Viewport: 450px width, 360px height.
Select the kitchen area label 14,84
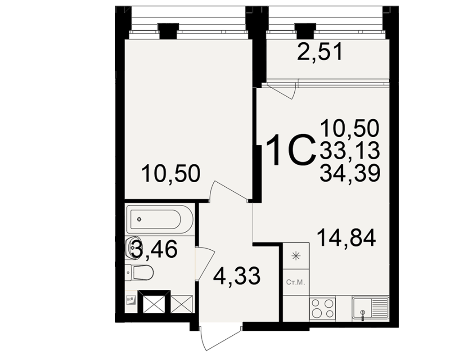346,238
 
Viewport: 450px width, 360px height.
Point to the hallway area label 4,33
237,276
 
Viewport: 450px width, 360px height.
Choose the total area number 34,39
350,174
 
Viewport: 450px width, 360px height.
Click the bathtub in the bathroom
160,220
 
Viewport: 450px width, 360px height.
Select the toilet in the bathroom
140,272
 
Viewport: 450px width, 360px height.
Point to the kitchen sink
371,309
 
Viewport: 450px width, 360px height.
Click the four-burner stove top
323,308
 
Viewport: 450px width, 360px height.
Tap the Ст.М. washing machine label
296,283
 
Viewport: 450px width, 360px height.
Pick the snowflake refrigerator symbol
296,255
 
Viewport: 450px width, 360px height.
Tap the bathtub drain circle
140,219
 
